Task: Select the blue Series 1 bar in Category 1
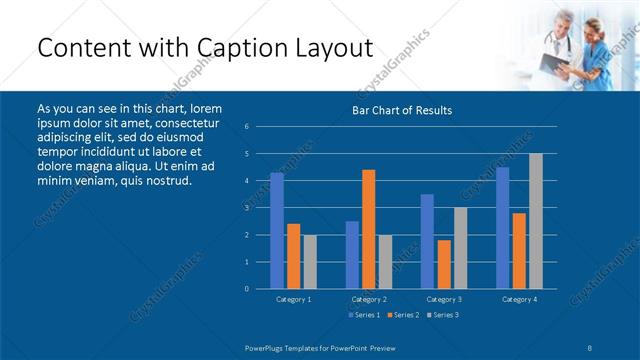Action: [277, 231]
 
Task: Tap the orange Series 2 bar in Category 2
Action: [368, 229]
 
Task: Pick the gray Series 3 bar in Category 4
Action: [535, 221]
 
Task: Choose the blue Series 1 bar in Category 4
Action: [502, 228]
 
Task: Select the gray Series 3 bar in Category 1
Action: [309, 262]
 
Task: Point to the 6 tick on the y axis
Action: [246, 127]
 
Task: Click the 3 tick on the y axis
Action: [246, 208]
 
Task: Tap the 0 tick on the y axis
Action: [246, 289]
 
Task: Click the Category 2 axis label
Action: [369, 299]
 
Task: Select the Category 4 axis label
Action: [519, 299]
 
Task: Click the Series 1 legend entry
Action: [363, 315]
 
